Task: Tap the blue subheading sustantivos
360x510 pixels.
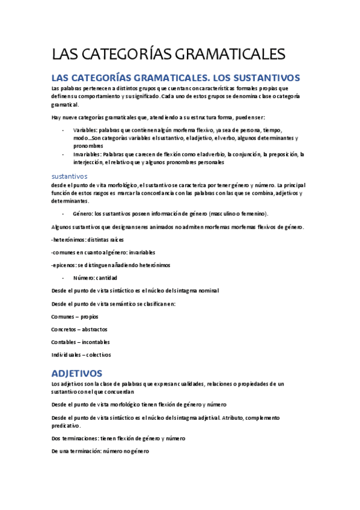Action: pos(70,176)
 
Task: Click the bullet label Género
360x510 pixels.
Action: pos(82,214)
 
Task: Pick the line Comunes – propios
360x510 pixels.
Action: pos(75,316)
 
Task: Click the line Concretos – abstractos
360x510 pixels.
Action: pos(80,329)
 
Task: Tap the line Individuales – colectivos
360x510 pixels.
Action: pos(81,354)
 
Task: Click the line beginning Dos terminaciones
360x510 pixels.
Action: pos(118,438)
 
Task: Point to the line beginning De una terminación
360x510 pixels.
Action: pos(100,451)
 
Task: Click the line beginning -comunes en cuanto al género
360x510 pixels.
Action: pos(103,252)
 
